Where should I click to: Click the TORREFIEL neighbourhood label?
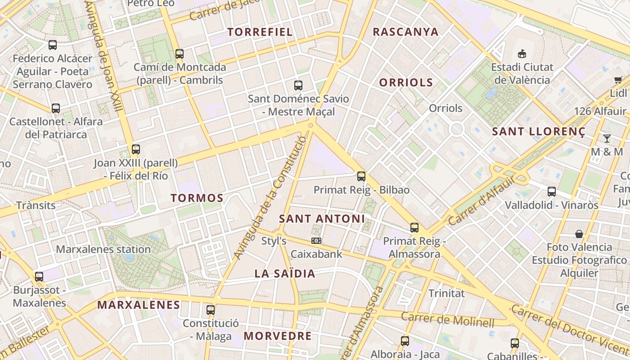click(260, 32)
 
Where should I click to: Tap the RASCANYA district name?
click(405, 31)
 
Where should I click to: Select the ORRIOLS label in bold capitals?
click(406, 82)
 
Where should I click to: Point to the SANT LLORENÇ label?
click(539, 132)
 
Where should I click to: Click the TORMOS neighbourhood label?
click(197, 198)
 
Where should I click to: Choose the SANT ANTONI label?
click(322, 219)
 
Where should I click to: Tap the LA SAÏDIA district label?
click(285, 274)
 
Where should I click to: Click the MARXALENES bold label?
click(139, 305)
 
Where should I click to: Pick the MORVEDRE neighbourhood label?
click(278, 336)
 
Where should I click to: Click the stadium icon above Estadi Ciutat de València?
click(522, 54)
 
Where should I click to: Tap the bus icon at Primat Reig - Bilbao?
click(361, 176)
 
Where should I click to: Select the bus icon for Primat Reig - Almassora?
click(414, 228)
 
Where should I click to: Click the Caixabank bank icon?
click(316, 241)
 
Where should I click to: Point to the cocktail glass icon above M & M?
click(607, 138)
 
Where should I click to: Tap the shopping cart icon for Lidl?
click(618, 80)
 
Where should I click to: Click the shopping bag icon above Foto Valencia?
click(579, 234)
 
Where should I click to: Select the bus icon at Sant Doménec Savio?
click(298, 85)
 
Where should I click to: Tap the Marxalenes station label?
click(103, 249)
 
